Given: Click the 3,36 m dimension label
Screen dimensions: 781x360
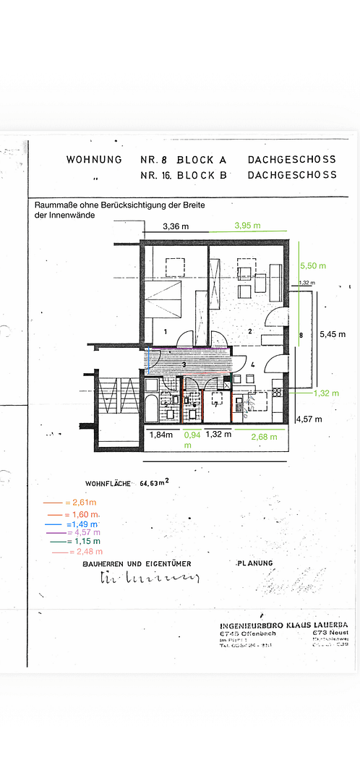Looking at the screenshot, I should (x=175, y=226).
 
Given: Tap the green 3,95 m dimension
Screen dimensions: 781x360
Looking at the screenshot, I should (x=249, y=226).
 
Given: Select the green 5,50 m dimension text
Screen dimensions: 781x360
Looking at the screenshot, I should (x=312, y=266).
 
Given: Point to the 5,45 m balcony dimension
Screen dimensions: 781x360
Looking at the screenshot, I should (x=333, y=334).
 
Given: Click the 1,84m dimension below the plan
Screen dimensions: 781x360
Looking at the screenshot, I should (x=160, y=435).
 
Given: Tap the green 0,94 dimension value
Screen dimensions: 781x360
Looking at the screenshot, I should (x=192, y=435).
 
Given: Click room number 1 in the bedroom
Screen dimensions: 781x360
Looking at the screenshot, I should (x=166, y=331).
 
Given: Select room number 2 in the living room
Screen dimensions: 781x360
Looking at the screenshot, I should (x=249, y=331).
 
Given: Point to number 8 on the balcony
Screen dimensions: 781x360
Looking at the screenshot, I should (x=301, y=335).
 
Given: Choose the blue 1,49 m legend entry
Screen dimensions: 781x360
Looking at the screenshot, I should (x=82, y=523).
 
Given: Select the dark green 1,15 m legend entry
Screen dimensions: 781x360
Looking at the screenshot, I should (x=83, y=541).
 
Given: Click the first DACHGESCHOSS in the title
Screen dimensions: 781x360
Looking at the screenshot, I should (x=292, y=159).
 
